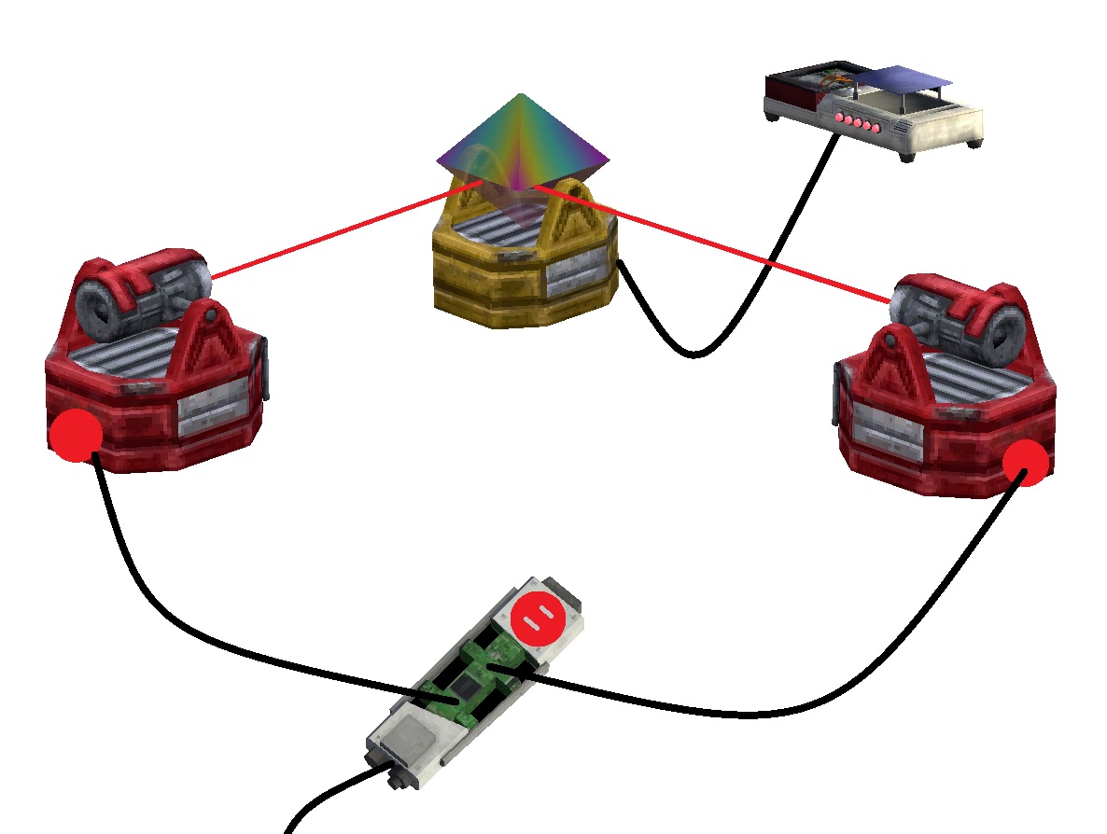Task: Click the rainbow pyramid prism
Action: click(x=522, y=140)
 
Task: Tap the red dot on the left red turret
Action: click(x=76, y=436)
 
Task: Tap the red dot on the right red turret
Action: click(x=1027, y=462)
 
